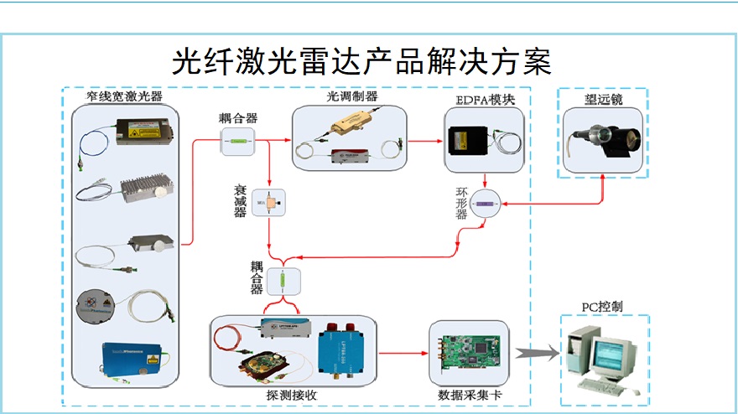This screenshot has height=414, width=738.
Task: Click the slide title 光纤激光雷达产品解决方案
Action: pos(361,61)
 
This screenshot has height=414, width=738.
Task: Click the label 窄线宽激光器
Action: pos(123,97)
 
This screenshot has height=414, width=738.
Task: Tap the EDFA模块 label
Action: pos(484,100)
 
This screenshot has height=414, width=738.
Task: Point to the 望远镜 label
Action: pos(603,100)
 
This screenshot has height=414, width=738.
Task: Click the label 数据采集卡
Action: pos(467,395)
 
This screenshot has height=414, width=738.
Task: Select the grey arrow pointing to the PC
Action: pos(535,354)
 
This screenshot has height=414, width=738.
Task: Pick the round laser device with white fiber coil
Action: pos(97,303)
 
